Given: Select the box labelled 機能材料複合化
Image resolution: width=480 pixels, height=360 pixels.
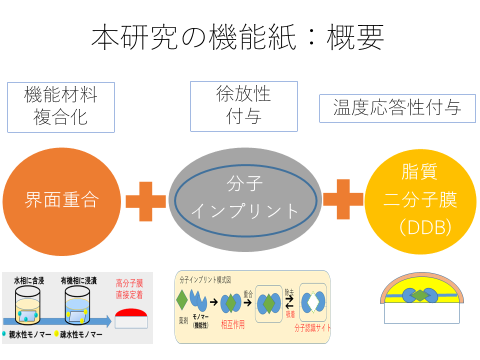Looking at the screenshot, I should (x=61, y=107).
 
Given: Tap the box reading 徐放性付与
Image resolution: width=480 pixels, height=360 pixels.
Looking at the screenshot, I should (x=244, y=106).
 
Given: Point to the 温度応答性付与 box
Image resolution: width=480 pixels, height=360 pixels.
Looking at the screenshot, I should (x=397, y=108).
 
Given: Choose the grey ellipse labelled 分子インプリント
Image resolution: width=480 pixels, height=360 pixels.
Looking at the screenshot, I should (x=245, y=198).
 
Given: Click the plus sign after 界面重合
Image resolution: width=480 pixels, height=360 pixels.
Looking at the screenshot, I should (x=145, y=200).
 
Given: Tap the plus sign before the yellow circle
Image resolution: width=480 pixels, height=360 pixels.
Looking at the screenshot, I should (x=343, y=199).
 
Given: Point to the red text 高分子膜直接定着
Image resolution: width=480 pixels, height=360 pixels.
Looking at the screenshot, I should (x=129, y=288).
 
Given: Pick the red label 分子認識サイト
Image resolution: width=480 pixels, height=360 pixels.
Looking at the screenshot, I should (x=312, y=328).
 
